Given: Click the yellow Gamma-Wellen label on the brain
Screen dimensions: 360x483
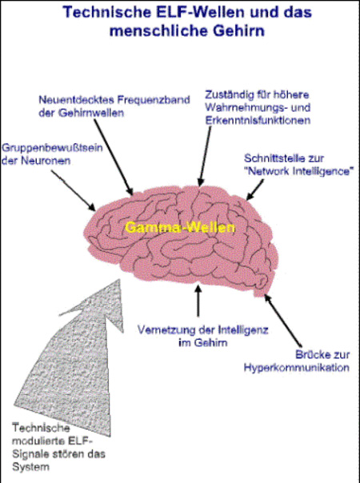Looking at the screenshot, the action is [x=180, y=228].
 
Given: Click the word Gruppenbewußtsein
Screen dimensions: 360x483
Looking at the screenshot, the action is [x=52, y=148].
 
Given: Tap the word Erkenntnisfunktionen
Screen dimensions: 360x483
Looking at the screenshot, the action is [x=258, y=120].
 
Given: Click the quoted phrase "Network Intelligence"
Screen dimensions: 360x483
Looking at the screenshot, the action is [x=298, y=171].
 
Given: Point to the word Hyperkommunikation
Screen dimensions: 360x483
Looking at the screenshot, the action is [x=297, y=368].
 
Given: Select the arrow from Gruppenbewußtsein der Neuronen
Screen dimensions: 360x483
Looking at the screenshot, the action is [x=73, y=190].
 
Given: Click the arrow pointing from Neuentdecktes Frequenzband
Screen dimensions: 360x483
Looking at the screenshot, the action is [x=113, y=157].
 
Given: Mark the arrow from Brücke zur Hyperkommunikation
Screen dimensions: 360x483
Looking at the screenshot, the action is [x=282, y=321].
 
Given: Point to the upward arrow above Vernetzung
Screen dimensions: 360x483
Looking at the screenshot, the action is [x=198, y=301].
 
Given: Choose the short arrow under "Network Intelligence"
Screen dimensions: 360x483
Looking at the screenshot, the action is [x=254, y=190].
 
